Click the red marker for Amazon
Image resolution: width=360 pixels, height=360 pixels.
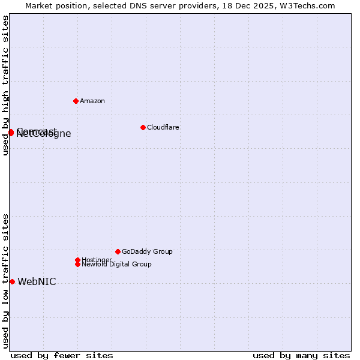(x=76, y=101)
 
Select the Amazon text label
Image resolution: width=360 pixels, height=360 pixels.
(x=92, y=101)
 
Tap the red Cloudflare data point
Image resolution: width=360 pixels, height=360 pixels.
(x=143, y=127)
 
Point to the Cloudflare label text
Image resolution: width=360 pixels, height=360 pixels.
(x=163, y=128)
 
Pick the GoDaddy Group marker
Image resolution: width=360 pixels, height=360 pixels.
(x=118, y=251)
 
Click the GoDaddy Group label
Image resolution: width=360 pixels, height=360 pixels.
(x=147, y=252)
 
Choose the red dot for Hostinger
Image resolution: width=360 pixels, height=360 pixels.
(x=77, y=260)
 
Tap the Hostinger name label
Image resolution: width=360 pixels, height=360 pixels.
(x=97, y=260)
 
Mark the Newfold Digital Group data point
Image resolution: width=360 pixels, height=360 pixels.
(x=77, y=264)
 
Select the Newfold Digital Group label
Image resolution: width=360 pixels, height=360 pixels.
(x=116, y=265)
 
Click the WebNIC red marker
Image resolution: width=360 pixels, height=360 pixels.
(x=12, y=281)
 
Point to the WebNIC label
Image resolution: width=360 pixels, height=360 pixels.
(x=37, y=282)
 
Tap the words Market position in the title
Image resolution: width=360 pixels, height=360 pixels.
(x=53, y=6)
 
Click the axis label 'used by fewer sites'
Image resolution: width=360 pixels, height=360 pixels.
(x=62, y=355)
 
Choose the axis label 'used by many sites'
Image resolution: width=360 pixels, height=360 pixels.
(x=301, y=355)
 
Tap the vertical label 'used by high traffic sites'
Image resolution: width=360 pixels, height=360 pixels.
(x=6, y=85)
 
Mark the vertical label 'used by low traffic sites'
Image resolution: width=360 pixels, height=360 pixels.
(x=6, y=280)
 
